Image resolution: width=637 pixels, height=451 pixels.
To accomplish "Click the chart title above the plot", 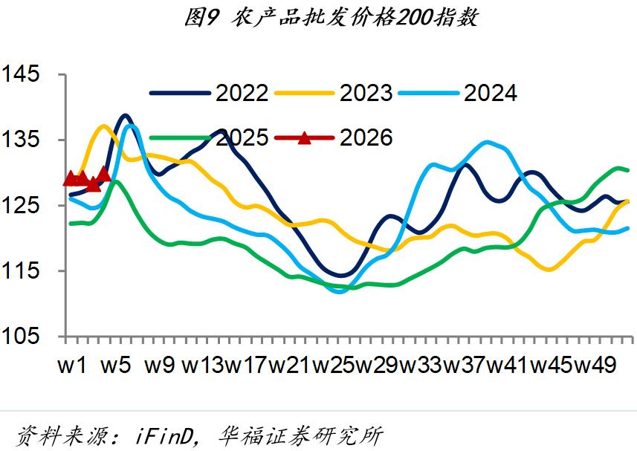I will tap(330, 18).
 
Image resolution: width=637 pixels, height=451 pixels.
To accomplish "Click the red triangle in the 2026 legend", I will tap(305, 137).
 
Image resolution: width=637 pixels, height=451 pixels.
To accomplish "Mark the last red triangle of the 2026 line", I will tap(104, 173).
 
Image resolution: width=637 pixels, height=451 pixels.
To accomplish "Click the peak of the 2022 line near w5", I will tap(124, 116).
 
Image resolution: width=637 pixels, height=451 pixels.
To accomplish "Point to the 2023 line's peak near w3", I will tap(103, 126).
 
